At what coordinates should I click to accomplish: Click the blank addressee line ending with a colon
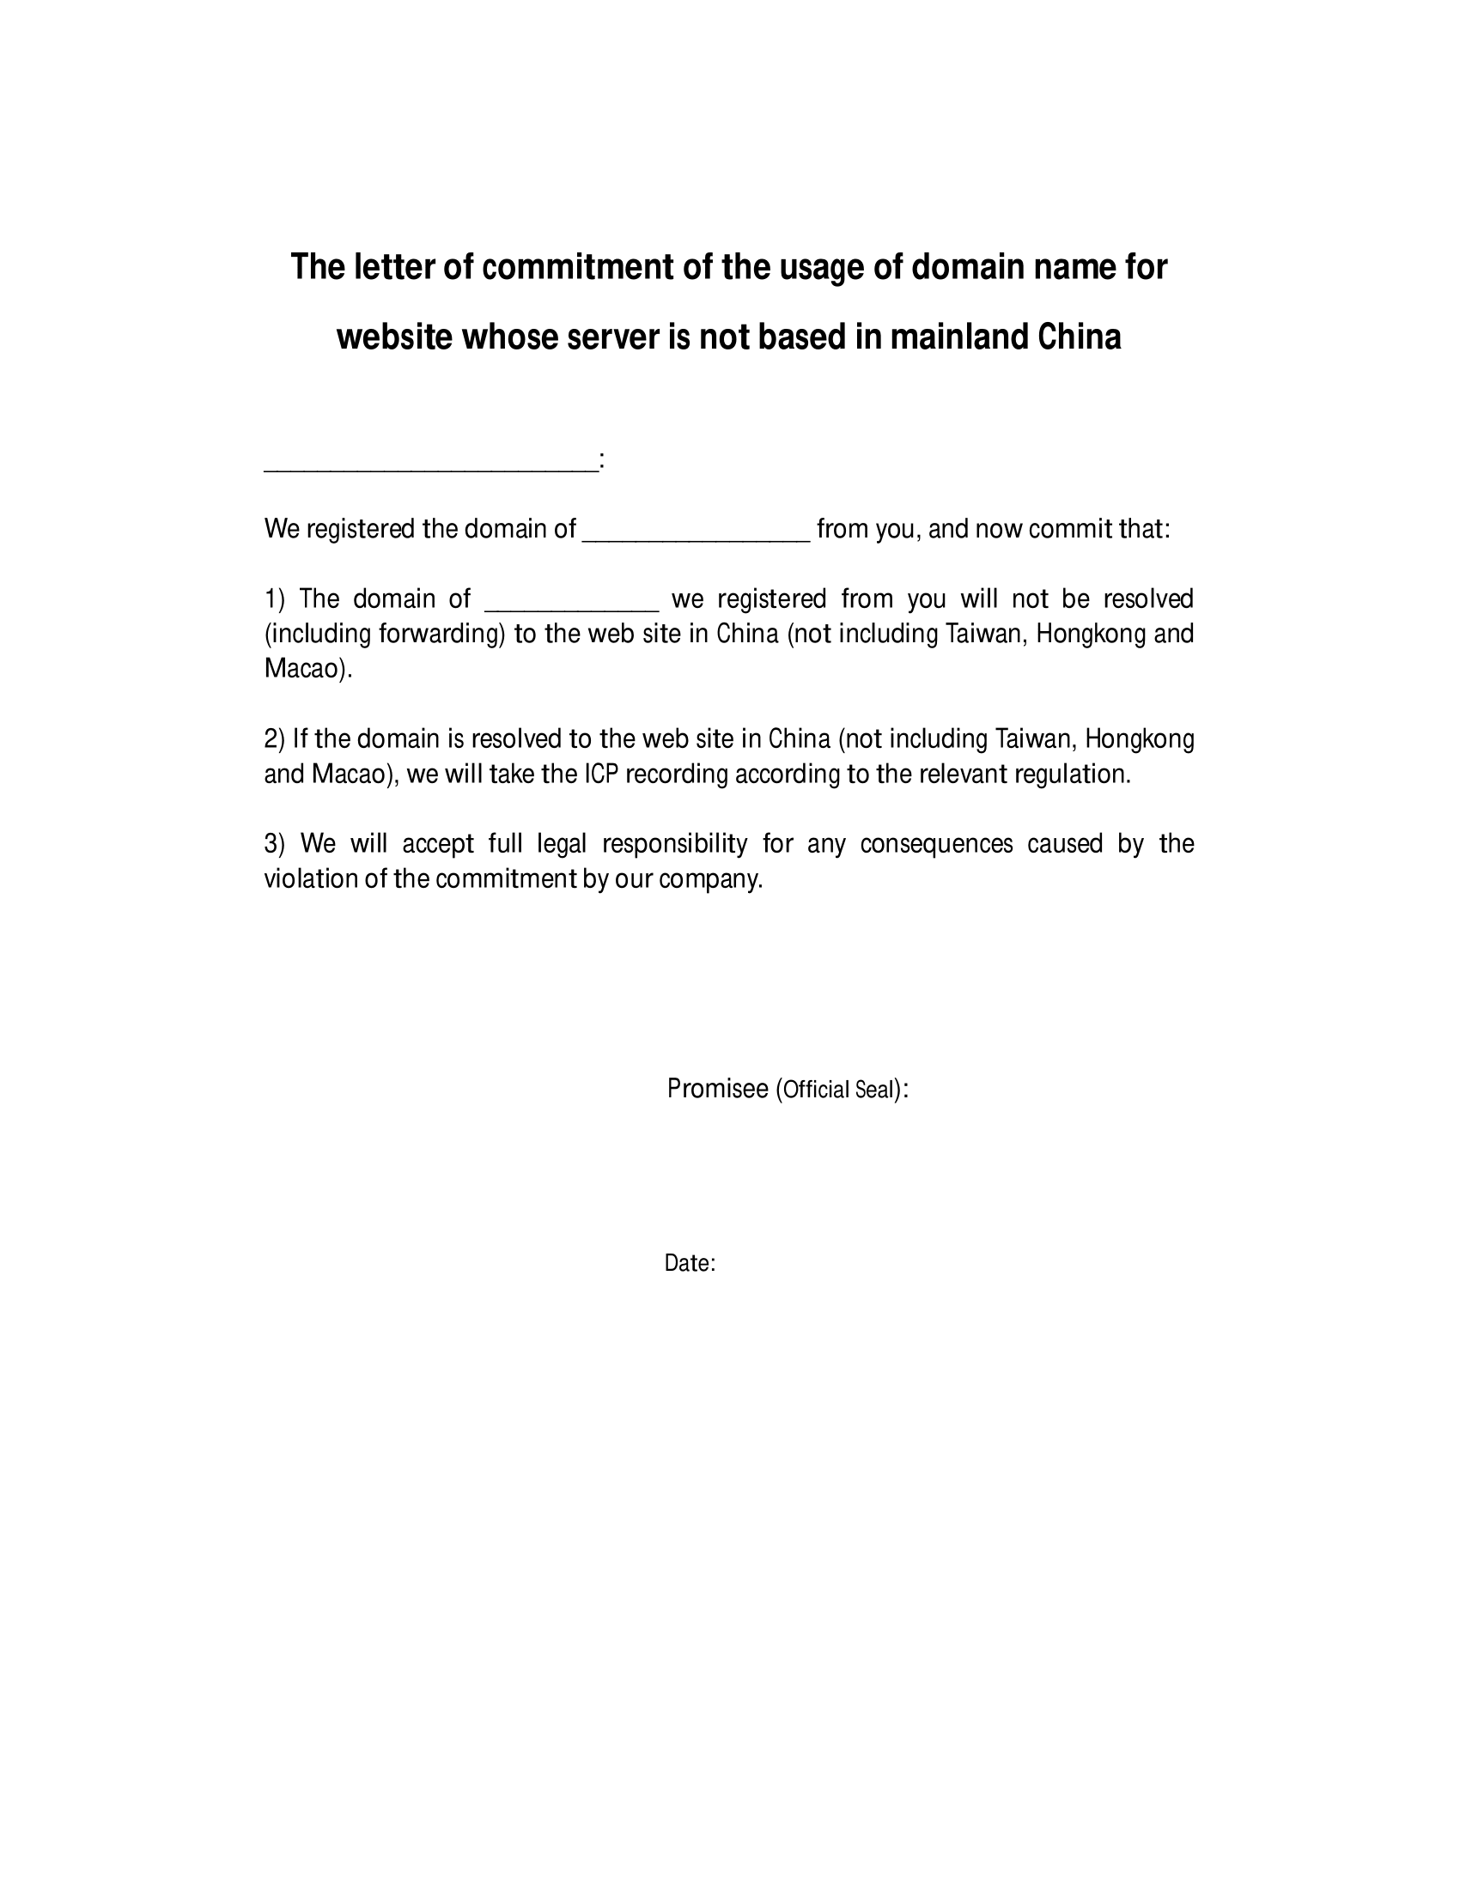click(430, 465)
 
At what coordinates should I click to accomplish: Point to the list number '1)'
click(274, 598)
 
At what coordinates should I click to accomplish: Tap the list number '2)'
click(274, 738)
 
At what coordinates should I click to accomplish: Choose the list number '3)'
click(274, 843)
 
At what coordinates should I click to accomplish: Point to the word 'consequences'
click(936, 843)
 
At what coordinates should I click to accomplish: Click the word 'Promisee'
click(717, 1089)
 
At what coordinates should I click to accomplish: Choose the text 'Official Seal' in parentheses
click(837, 1090)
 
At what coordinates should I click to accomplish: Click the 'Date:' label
click(690, 1264)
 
